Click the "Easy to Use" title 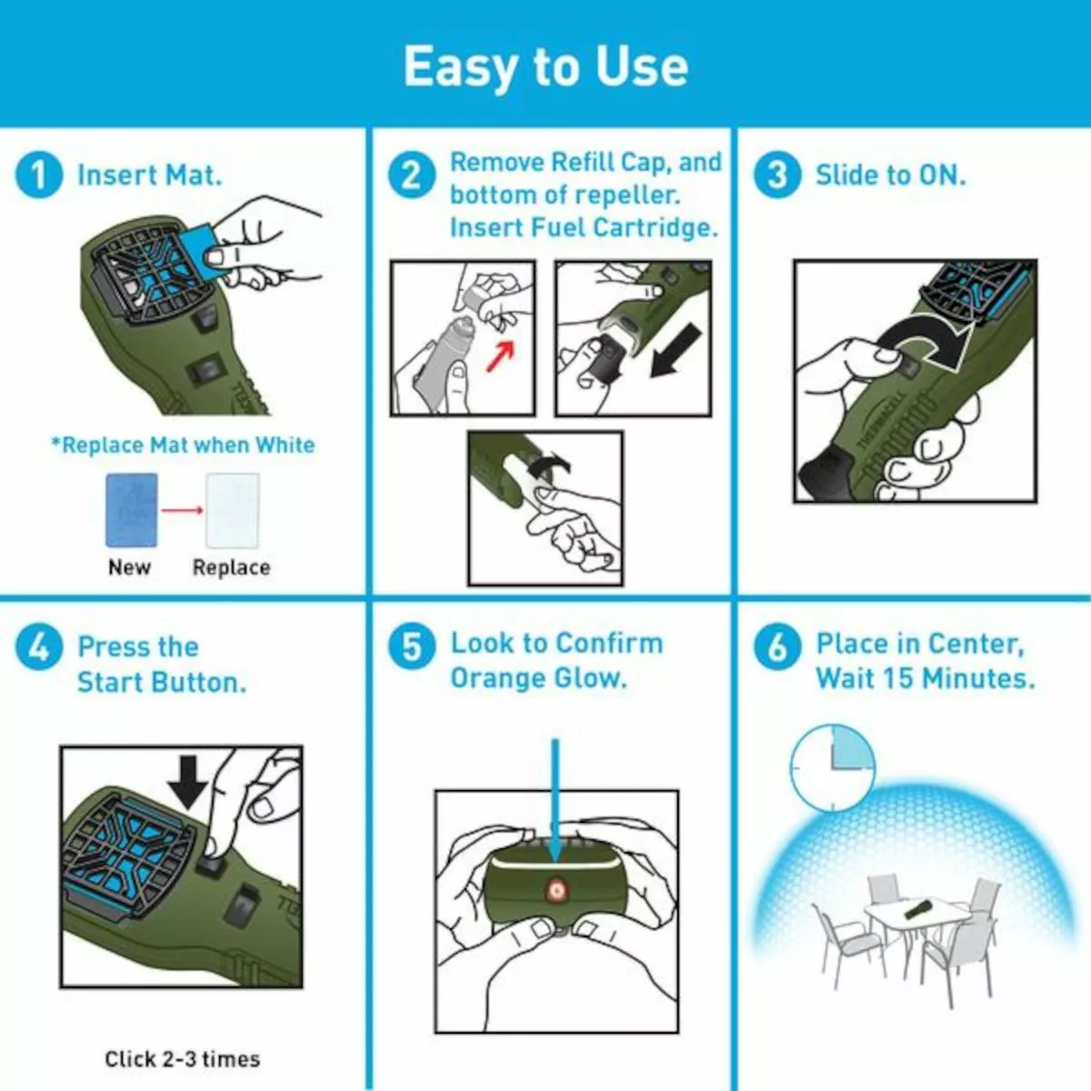pos(545,66)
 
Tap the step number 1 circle pos(39,175)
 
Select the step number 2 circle pos(412,175)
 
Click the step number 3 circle pos(777,175)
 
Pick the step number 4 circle pos(39,647)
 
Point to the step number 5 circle pos(412,647)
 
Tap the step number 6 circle pos(777,647)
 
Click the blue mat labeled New pos(131,510)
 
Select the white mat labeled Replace pos(232,510)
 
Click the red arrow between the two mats pos(182,510)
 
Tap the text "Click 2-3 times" pos(182,1059)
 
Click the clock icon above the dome pos(832,766)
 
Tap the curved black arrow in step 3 pos(927,341)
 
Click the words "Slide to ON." pos(890,175)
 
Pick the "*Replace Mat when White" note pos(183,445)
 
